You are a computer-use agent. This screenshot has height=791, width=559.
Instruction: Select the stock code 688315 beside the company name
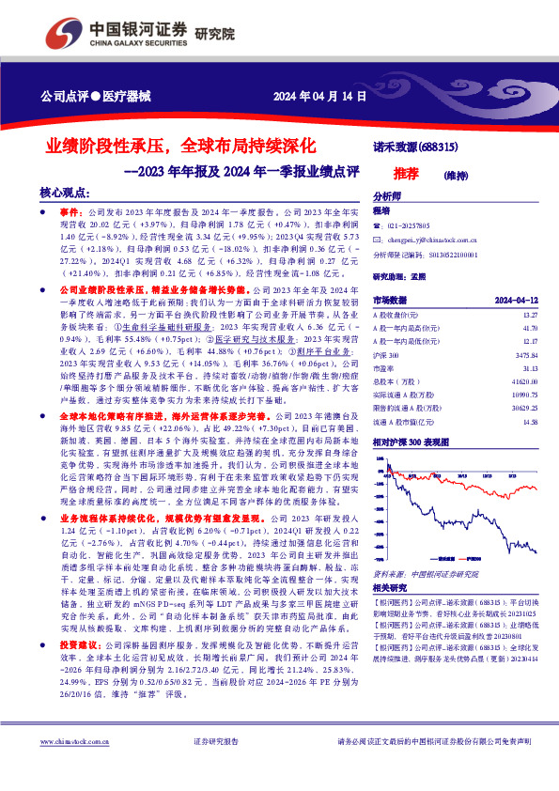click(438, 147)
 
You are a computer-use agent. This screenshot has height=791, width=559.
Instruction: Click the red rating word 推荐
click(406, 174)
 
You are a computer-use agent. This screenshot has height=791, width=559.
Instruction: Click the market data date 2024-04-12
click(517, 300)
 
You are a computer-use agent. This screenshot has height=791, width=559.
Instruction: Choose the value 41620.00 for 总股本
click(524, 383)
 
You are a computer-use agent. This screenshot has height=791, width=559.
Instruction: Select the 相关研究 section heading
click(390, 588)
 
